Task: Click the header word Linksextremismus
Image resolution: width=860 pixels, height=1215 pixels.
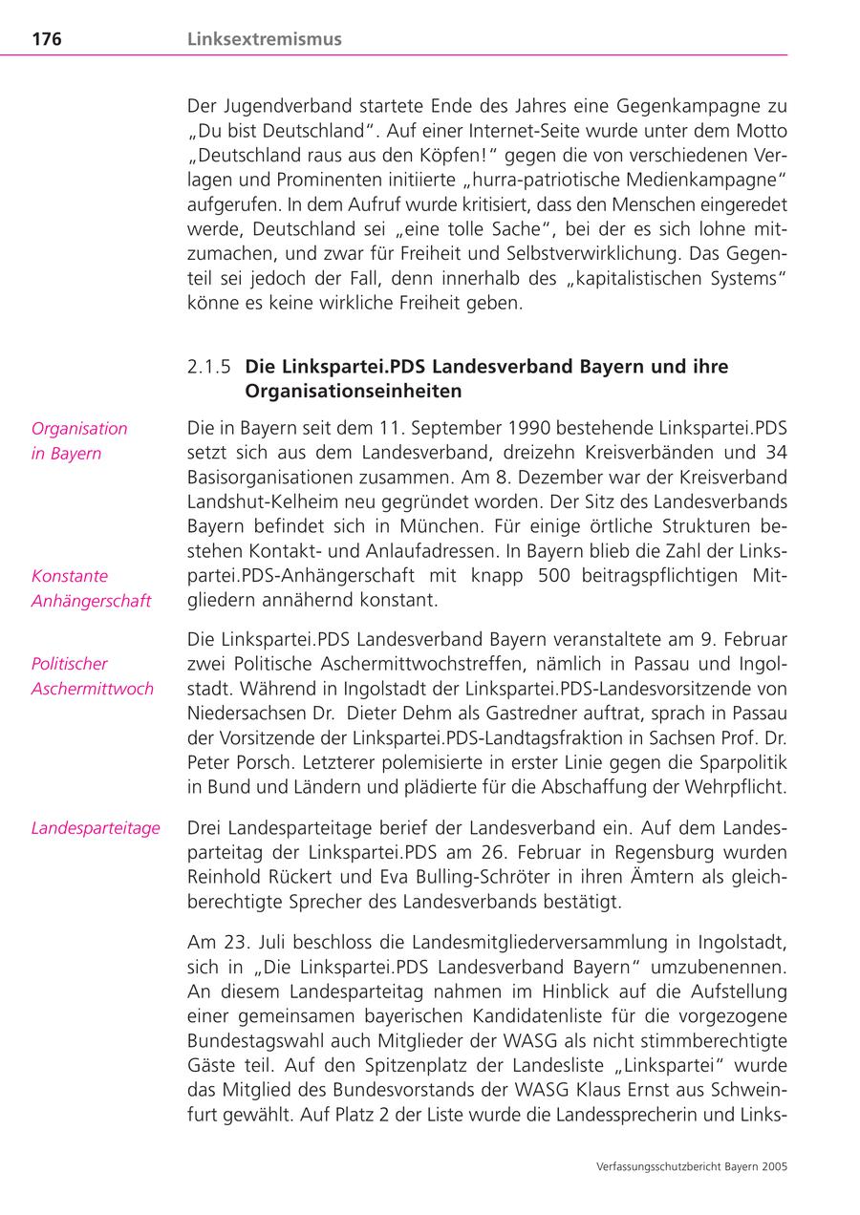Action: click(265, 39)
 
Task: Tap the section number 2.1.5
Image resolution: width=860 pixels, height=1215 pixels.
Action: click(209, 367)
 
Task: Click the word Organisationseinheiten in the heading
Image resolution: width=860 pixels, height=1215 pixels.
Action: click(353, 391)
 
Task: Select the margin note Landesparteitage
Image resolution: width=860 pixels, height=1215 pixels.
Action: click(96, 828)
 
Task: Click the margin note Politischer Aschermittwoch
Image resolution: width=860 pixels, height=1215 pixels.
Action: click(92, 676)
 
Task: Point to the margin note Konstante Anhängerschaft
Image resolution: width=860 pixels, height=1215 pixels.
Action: click(91, 588)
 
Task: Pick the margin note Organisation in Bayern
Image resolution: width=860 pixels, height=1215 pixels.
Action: click(79, 440)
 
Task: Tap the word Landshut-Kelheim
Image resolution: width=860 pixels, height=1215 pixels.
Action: click(257, 501)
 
